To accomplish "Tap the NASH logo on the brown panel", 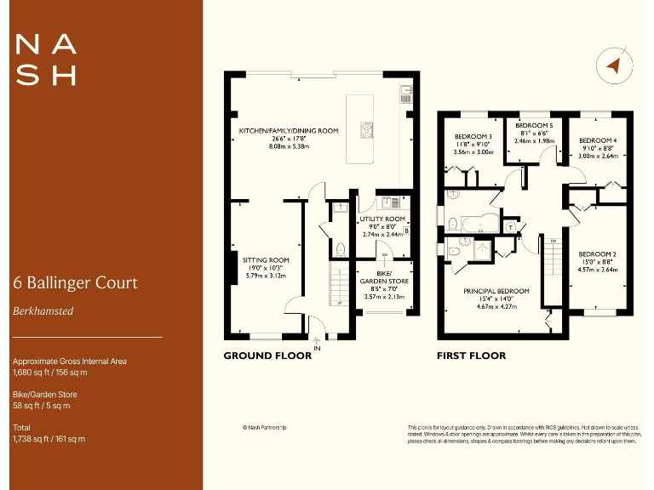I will point(46,60).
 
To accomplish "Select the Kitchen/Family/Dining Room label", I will point(289,131).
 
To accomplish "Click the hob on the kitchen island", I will point(369,130).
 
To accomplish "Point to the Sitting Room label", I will point(266,260).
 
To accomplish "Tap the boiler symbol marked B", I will point(406,231).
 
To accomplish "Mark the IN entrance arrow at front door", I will point(316,344).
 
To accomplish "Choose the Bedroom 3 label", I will point(473,137).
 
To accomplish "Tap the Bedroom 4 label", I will point(597,140).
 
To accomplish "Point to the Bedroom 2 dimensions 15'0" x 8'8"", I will point(597,262).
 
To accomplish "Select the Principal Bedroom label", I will point(496,291).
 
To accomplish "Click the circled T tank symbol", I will point(510,227).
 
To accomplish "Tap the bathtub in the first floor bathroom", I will point(466,224).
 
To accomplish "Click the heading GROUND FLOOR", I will point(267,356).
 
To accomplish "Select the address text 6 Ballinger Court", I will point(75,282).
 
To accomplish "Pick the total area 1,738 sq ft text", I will point(49,439).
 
